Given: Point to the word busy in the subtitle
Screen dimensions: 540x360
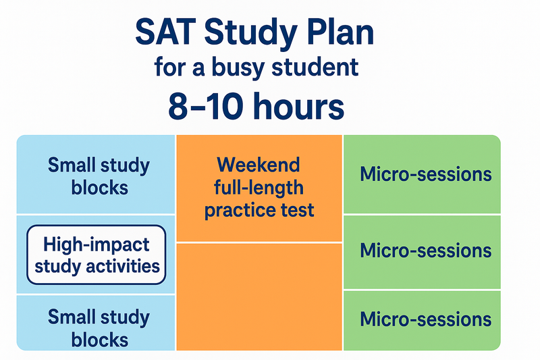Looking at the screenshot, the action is (238, 68).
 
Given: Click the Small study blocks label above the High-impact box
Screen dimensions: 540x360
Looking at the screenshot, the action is (99, 176).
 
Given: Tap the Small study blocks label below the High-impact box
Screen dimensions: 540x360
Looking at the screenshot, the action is (99, 328).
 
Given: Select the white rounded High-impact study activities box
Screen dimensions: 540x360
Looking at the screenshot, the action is (97, 255).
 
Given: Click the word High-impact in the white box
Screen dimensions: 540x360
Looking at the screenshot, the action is (97, 245).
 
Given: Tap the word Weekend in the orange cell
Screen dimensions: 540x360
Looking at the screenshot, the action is (259, 165).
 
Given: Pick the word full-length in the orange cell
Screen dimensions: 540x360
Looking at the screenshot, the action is (259, 188).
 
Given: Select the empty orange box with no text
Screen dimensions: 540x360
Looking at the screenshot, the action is (259, 297).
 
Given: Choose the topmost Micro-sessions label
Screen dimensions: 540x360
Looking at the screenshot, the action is (426, 174).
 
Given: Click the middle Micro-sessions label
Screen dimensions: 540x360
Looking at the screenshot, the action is (426, 250).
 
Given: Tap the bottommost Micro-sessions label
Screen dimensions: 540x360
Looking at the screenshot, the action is (426, 319).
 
